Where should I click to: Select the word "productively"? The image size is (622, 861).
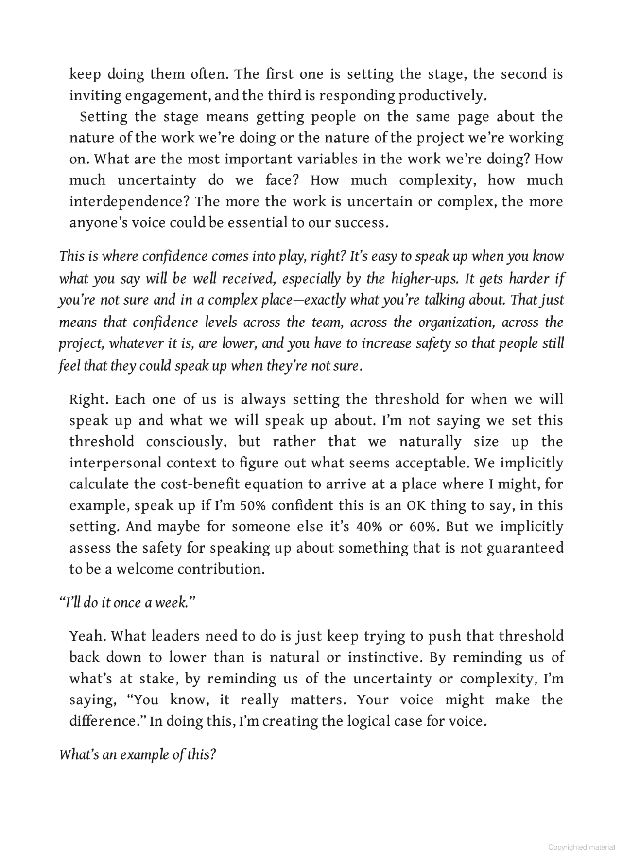tap(441, 96)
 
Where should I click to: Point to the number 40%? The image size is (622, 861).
tap(369, 527)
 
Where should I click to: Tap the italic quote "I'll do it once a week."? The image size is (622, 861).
tap(126, 603)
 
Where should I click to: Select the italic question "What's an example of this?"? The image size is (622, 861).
tap(137, 755)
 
